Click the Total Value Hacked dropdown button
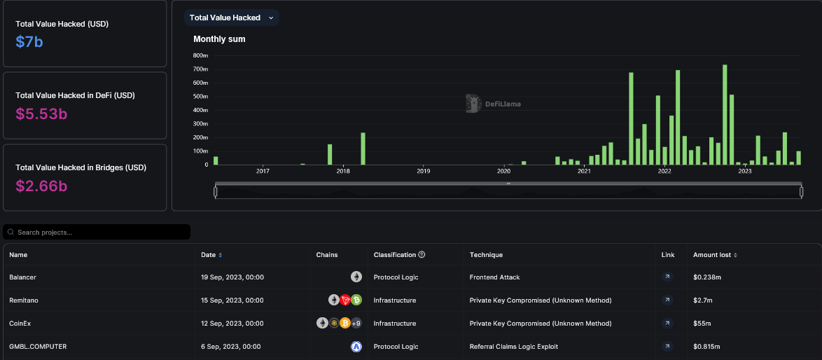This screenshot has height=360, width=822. tap(231, 18)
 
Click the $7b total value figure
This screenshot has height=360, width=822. tap(29, 42)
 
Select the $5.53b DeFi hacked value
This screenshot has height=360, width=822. tap(41, 113)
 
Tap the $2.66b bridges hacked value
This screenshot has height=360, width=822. tap(41, 186)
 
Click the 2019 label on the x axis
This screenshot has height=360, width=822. tap(423, 171)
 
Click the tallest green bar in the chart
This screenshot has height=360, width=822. tap(725, 115)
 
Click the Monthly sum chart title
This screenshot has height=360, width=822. tap(219, 39)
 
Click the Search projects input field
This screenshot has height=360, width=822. tap(98, 232)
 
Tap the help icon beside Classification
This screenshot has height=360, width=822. tap(422, 255)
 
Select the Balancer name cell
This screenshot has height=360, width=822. tap(23, 277)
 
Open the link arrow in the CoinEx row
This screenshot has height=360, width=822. tap(667, 324)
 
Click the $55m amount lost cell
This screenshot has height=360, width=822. tap(702, 324)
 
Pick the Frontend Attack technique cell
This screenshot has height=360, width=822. tap(494, 277)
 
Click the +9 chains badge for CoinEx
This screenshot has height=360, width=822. tap(356, 324)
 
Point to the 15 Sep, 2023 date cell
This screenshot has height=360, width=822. tap(232, 300)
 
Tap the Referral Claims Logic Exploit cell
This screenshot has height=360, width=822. tap(514, 347)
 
